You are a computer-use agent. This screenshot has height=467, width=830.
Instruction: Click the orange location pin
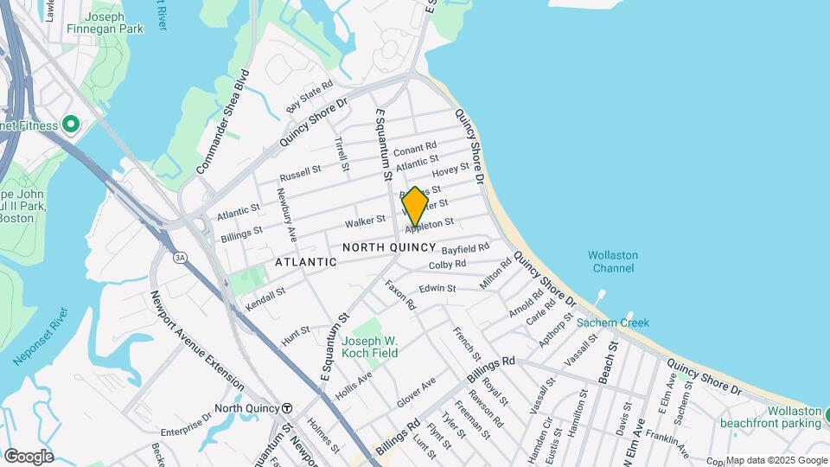tap(415, 207)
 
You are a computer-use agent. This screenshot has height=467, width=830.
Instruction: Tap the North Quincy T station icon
tap(287, 408)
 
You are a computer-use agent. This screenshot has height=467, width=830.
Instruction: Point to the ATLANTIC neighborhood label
tap(305, 261)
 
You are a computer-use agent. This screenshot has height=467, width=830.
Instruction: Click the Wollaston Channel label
tap(613, 261)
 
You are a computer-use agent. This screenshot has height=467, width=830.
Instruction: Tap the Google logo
tap(29, 456)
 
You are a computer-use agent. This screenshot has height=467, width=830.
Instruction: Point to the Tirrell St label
tap(342, 153)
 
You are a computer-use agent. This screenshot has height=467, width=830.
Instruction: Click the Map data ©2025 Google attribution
tap(776, 460)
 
